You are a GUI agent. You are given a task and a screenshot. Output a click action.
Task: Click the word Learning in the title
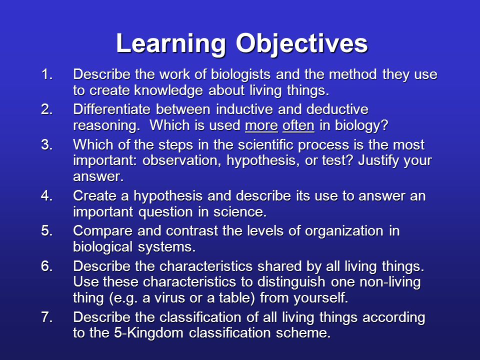pyautogui.click(x=171, y=44)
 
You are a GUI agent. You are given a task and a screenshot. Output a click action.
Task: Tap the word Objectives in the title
pyautogui.click(x=301, y=44)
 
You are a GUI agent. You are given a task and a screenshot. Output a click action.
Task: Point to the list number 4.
pyautogui.click(x=46, y=196)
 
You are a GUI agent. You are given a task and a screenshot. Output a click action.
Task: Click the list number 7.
pyautogui.click(x=46, y=317)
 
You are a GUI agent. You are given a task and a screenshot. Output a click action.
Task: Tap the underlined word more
pyautogui.click(x=261, y=126)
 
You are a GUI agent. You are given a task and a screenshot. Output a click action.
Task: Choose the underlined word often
pyautogui.click(x=298, y=125)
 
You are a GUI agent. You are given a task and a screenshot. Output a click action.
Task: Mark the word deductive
pyautogui.click(x=337, y=109)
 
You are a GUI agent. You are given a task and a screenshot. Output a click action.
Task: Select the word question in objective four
pyautogui.click(x=166, y=212)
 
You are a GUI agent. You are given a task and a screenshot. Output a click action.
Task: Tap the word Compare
pyautogui.click(x=103, y=231)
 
